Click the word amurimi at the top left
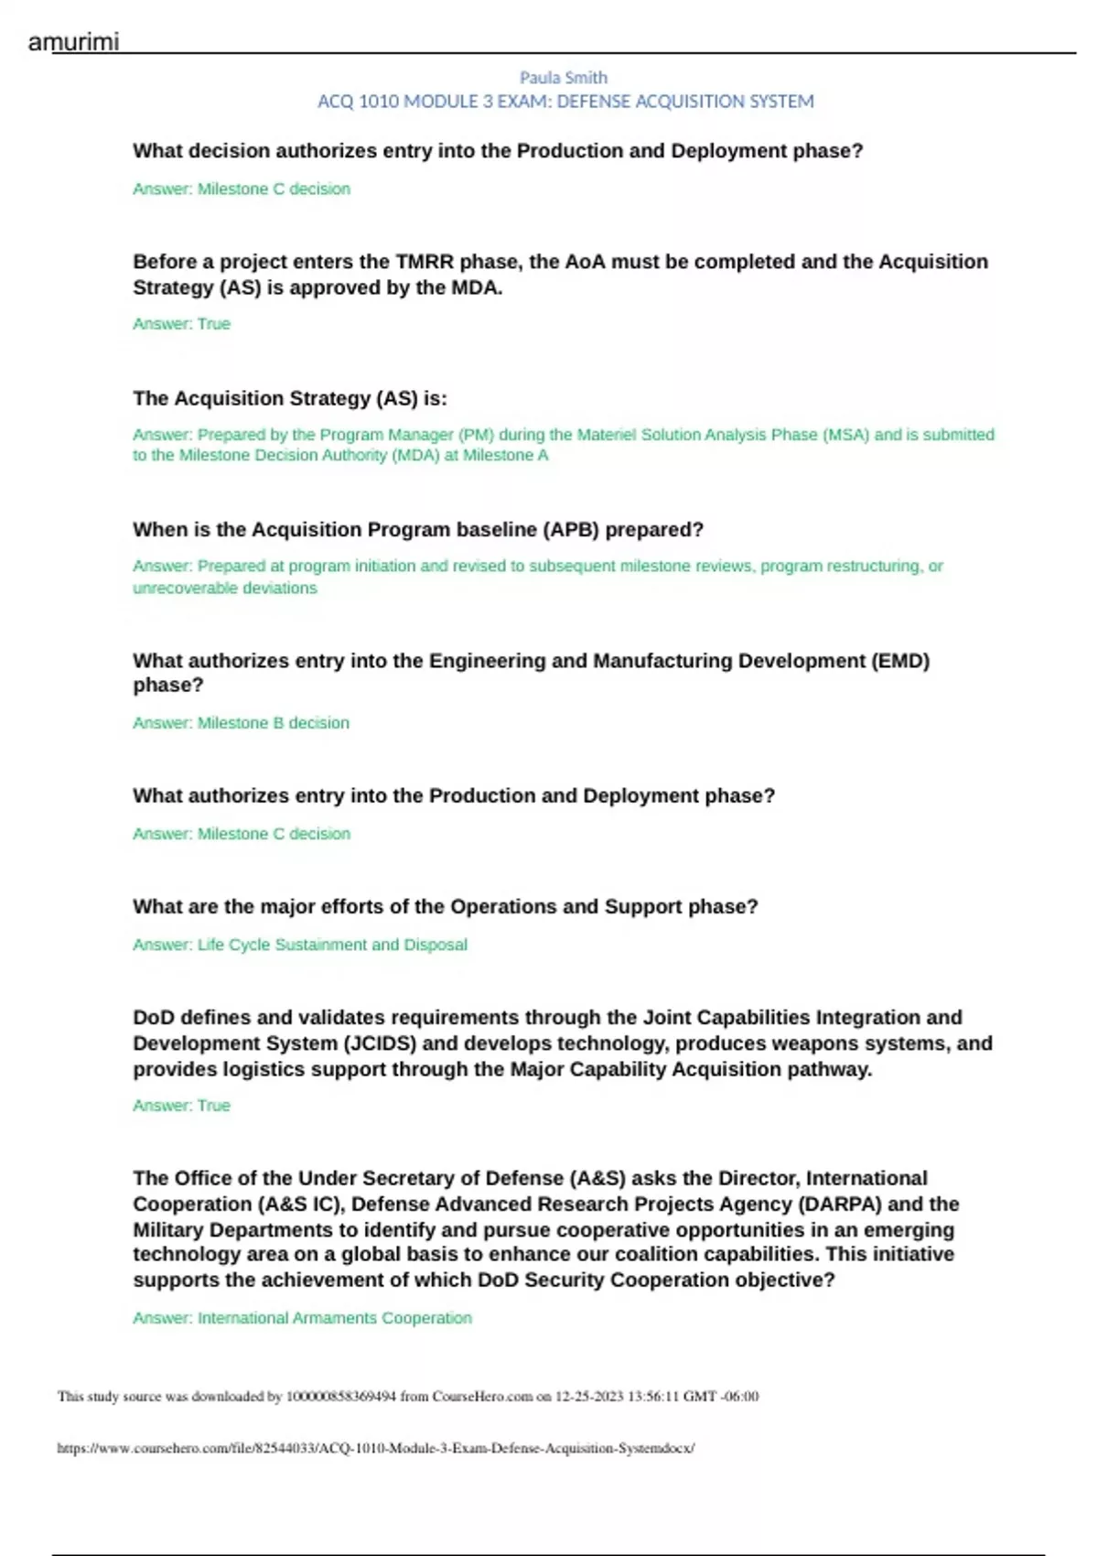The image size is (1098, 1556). tap(73, 42)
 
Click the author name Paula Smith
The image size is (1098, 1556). tap(564, 78)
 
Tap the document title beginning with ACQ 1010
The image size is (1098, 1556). tap(565, 102)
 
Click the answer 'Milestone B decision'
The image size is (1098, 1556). tap(274, 723)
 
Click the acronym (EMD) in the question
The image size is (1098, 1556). tap(900, 661)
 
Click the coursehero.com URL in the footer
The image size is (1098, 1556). tap(375, 1448)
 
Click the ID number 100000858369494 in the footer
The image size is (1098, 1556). tap(341, 1397)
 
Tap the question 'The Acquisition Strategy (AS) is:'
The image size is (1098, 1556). tap(290, 399)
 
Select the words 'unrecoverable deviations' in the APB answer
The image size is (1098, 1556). tap(225, 589)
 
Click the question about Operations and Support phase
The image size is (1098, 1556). tap(446, 907)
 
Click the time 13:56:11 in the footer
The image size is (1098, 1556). tap(653, 1397)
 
